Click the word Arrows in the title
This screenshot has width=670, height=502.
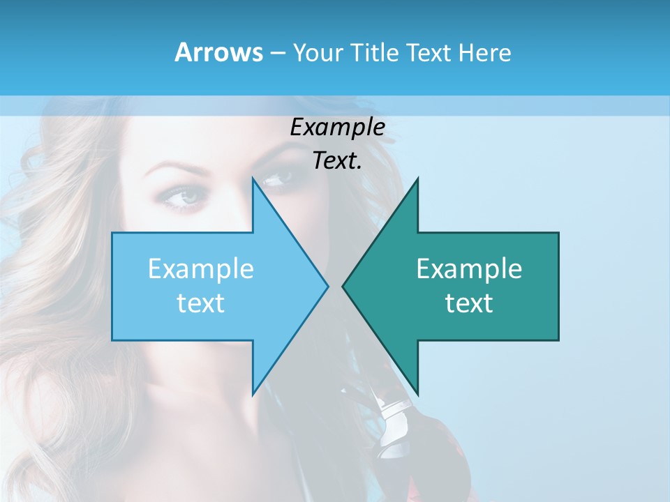pos(219,52)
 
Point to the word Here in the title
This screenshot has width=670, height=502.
pos(484,53)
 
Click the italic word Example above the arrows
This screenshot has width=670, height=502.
pos(337,128)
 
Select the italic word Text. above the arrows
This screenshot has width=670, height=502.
pos(337,161)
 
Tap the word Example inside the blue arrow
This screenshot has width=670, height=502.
pos(201,269)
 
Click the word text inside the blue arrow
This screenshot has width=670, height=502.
pos(201,303)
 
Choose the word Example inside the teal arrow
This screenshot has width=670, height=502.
pos(469,269)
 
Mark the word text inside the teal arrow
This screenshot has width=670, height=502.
pos(469,303)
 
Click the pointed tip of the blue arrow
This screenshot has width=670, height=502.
pos(327,286)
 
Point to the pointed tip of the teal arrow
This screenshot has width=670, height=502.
pos(343,286)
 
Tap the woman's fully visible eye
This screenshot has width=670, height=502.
pos(185,198)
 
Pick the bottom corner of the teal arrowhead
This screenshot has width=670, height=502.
pos(417,394)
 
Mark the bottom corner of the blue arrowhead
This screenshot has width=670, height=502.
pos(253,395)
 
